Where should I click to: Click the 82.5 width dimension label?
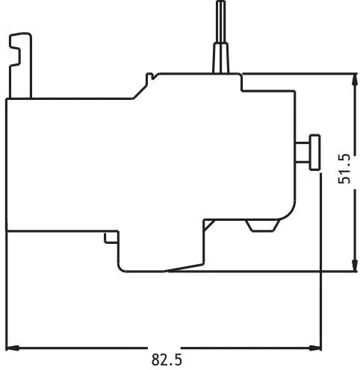click(x=167, y=360)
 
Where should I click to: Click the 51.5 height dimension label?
click(x=344, y=169)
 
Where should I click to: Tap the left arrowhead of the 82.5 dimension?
click(x=13, y=348)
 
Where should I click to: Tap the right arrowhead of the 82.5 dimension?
click(x=314, y=348)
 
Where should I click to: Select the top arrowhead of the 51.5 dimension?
click(x=353, y=80)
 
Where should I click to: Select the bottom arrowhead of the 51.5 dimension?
click(x=353, y=265)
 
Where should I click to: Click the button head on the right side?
click(x=315, y=152)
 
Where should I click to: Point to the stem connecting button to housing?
click(x=302, y=152)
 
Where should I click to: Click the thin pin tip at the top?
click(x=220, y=22)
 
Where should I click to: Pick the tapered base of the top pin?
click(x=220, y=58)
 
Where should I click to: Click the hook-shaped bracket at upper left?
click(x=20, y=65)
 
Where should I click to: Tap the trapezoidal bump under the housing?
click(x=263, y=226)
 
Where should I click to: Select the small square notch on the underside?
click(x=111, y=238)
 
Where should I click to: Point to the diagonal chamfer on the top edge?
click(x=140, y=92)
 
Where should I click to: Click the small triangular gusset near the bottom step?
click(x=208, y=225)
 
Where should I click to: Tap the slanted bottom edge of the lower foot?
click(x=184, y=267)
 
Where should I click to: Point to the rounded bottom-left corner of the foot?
click(x=120, y=269)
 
